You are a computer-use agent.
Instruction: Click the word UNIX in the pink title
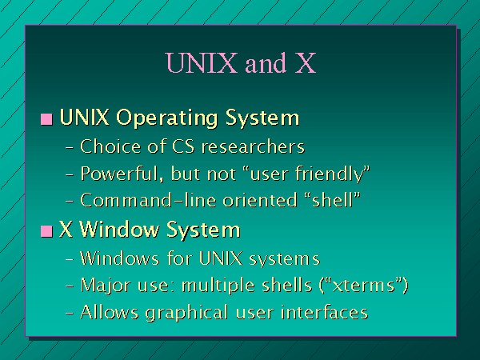tap(202, 62)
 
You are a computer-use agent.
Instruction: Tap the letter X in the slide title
tap(306, 62)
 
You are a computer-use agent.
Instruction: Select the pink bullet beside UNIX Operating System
tap(46, 119)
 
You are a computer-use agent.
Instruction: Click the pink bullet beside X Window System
tap(46, 231)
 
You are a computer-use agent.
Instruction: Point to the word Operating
tap(167, 118)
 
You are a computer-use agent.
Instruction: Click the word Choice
tap(110, 146)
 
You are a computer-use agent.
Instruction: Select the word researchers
tap(253, 146)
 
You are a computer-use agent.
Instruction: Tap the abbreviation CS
tap(183, 146)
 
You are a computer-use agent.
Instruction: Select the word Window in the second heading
tap(120, 230)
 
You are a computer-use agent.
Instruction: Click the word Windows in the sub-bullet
tap(120, 258)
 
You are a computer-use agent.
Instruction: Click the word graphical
tap(186, 313)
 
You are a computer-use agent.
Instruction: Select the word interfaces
tap(324, 312)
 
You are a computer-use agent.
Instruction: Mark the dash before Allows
tap(70, 314)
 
